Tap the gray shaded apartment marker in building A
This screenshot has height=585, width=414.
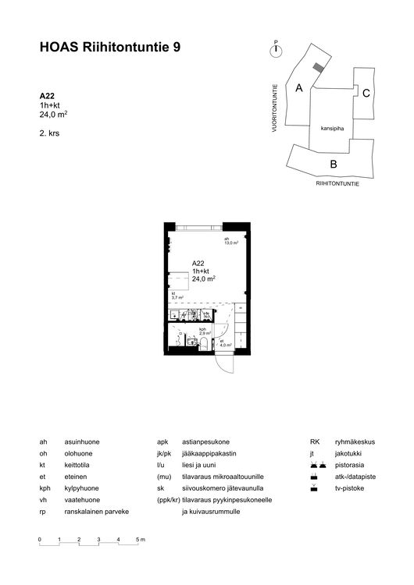pyautogui.click(x=316, y=69)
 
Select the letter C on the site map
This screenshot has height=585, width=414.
pyautogui.click(x=366, y=93)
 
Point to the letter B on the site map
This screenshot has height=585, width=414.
pyautogui.click(x=333, y=164)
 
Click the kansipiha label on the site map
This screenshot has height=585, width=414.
pyautogui.click(x=332, y=127)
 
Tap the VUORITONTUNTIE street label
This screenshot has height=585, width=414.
pyautogui.click(x=275, y=108)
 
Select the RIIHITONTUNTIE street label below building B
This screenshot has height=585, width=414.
pyautogui.click(x=337, y=182)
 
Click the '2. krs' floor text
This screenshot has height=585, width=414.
pyautogui.click(x=49, y=133)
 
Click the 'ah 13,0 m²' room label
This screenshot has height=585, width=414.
pyautogui.click(x=230, y=241)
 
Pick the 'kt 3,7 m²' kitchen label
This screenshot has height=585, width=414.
pyautogui.click(x=177, y=296)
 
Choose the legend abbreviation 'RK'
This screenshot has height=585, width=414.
pyautogui.click(x=314, y=441)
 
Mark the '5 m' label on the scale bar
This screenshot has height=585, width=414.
pyautogui.click(x=141, y=540)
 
